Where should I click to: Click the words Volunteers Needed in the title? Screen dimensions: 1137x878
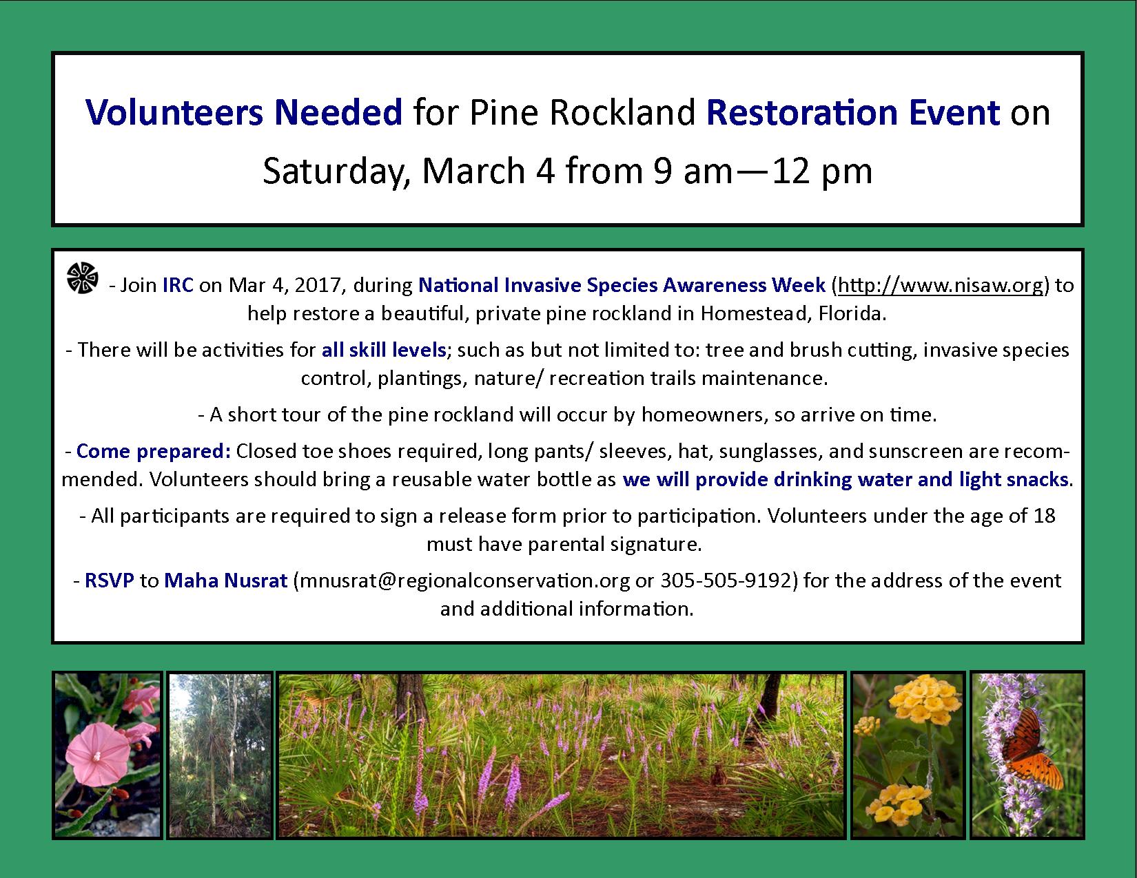tap(244, 112)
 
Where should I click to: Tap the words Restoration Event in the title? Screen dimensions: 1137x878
tap(853, 112)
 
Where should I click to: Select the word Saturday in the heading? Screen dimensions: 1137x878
tap(336, 171)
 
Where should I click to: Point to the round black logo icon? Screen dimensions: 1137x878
tap(82, 278)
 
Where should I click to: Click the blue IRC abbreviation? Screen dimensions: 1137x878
tap(178, 285)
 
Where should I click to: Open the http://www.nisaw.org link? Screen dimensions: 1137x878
tap(940, 285)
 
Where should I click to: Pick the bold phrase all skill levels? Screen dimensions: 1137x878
tap(384, 350)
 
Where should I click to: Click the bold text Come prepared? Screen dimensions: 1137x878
tap(153, 451)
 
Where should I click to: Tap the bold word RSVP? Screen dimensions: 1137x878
tap(110, 581)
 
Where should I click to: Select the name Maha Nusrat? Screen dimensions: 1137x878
tap(226, 581)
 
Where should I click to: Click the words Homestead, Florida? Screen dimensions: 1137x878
tap(793, 313)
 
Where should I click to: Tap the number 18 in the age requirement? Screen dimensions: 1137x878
tap(1045, 516)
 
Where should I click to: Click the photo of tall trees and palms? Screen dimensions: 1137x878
tap(221, 755)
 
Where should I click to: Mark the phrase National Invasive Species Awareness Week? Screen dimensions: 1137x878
tap(622, 285)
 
